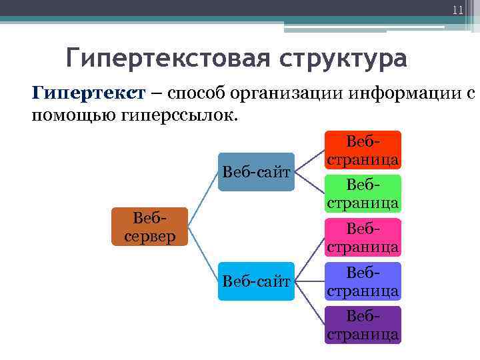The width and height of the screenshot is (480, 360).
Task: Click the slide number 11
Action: tap(457, 9)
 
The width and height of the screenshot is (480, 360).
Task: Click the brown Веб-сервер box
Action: tap(150, 227)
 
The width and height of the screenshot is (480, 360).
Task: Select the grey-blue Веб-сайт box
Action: tap(257, 172)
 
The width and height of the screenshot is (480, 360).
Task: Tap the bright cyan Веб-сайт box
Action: tap(257, 281)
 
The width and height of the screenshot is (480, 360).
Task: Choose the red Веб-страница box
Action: tap(363, 149)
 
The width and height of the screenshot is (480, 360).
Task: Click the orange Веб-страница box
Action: tap(363, 193)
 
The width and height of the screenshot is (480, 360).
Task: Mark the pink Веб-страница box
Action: tap(363, 237)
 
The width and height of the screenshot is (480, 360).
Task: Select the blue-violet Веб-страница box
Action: tap(363, 281)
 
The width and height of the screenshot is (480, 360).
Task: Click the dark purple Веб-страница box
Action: tap(363, 325)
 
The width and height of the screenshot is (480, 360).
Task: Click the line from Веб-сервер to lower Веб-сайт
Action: tap(203, 254)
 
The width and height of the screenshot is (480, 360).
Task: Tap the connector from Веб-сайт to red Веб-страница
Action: tap(310, 161)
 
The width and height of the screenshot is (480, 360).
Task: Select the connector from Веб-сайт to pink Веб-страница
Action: tap(310, 260)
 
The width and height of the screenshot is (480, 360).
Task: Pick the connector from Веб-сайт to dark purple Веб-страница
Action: tap(310, 303)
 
